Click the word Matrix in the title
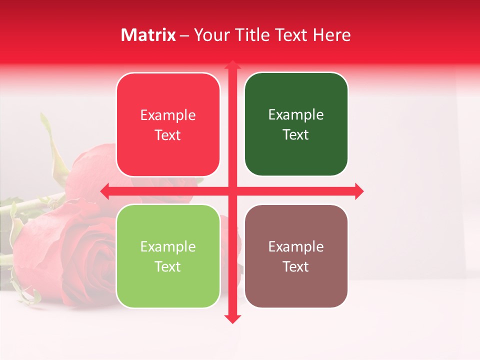pos(148,35)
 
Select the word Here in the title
pos(331,35)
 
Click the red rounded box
pos(168,124)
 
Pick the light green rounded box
pos(168,256)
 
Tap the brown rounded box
pos(296,256)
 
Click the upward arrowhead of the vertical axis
pos(232,64)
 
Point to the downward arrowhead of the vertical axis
pos(232,318)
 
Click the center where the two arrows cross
pos(232,191)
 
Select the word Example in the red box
pos(168,115)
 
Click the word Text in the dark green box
pos(296,134)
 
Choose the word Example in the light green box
pos(168,246)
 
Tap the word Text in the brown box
pos(296,266)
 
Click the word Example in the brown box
pos(296,246)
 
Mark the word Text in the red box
pos(168,135)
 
